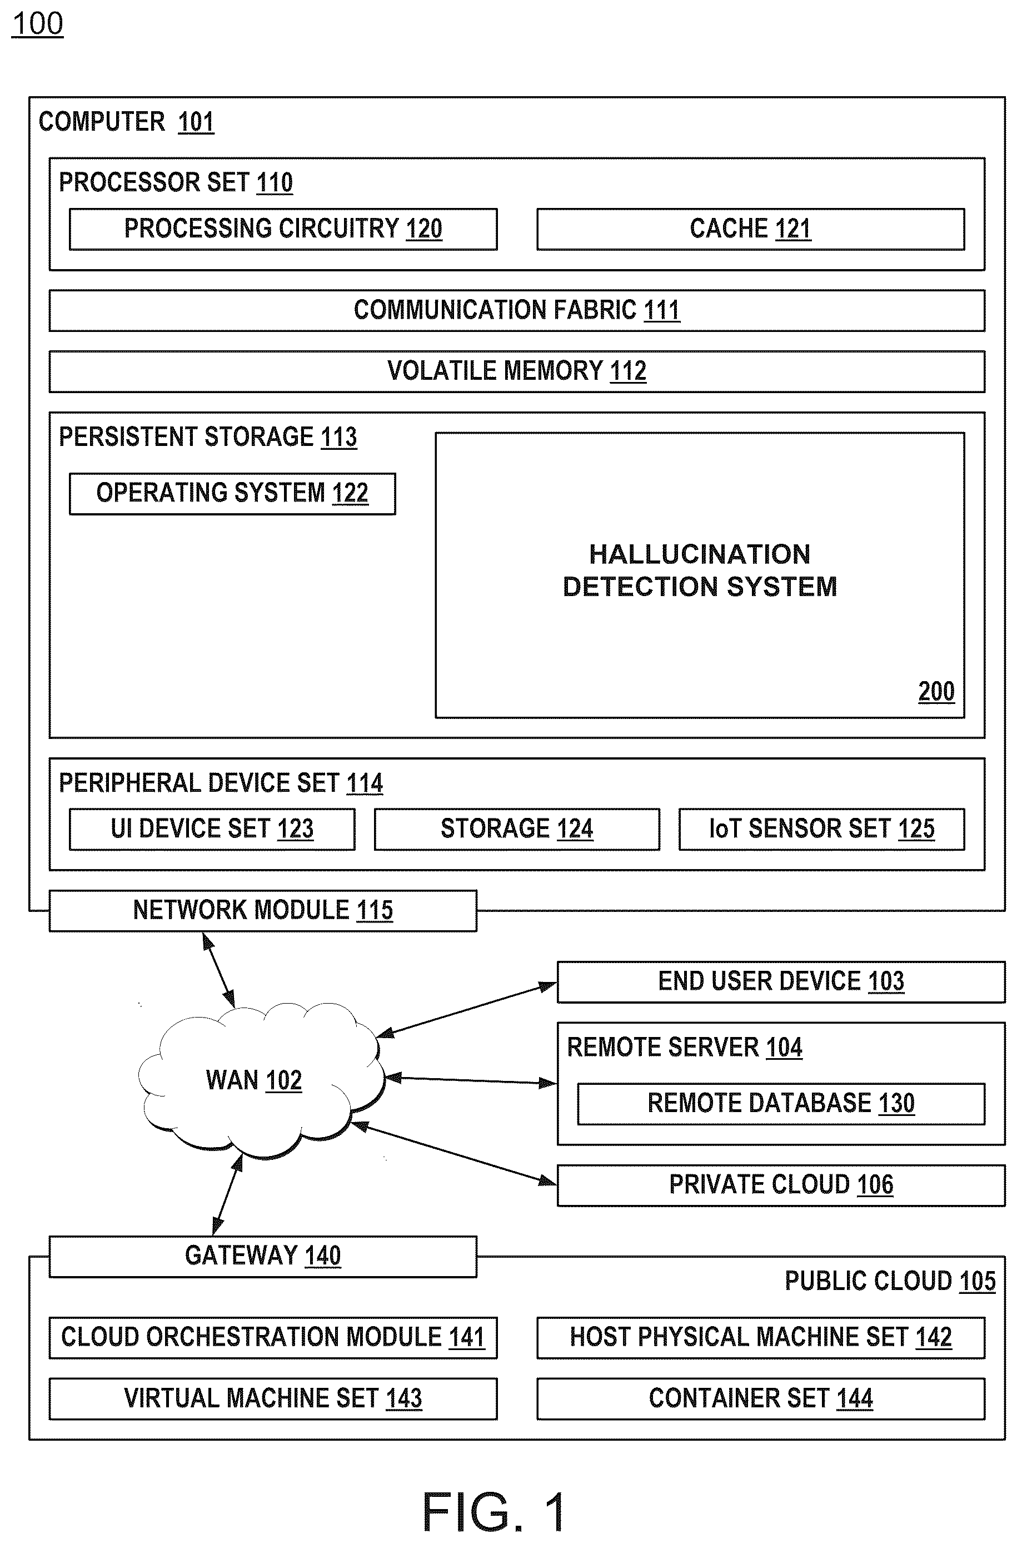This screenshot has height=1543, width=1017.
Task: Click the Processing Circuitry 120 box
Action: pyautogui.click(x=283, y=229)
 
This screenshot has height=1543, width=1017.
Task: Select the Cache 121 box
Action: pyautogui.click(x=750, y=229)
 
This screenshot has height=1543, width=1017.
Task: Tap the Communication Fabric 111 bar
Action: pyautogui.click(x=517, y=310)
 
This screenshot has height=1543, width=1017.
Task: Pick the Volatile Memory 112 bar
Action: pyautogui.click(x=517, y=371)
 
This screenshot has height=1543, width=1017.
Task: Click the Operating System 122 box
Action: pyautogui.click(x=232, y=494)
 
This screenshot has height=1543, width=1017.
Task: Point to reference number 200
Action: pyautogui.click(x=936, y=692)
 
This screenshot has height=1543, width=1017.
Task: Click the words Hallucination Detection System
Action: pyautogui.click(x=700, y=570)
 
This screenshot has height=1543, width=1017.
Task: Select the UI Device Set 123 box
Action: pyautogui.click(x=212, y=828)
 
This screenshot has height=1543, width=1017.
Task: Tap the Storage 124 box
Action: pyautogui.click(x=517, y=828)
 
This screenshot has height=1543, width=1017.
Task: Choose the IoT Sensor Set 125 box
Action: pyautogui.click(x=822, y=828)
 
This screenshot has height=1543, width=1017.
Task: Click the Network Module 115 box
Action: pyautogui.click(x=263, y=910)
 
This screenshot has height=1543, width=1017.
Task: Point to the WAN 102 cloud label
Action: pyautogui.click(x=253, y=1080)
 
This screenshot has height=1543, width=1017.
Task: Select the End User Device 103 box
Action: pyautogui.click(x=781, y=982)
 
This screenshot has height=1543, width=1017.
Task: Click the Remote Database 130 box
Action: pyautogui.click(x=781, y=1104)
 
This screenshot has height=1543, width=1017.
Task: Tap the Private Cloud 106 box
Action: pyautogui.click(x=781, y=1185)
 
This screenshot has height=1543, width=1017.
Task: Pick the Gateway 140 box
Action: pyautogui.click(x=263, y=1256)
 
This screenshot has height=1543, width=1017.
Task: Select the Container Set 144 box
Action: pyautogui.click(x=761, y=1399)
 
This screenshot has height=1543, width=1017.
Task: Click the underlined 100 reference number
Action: pyautogui.click(x=38, y=24)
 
